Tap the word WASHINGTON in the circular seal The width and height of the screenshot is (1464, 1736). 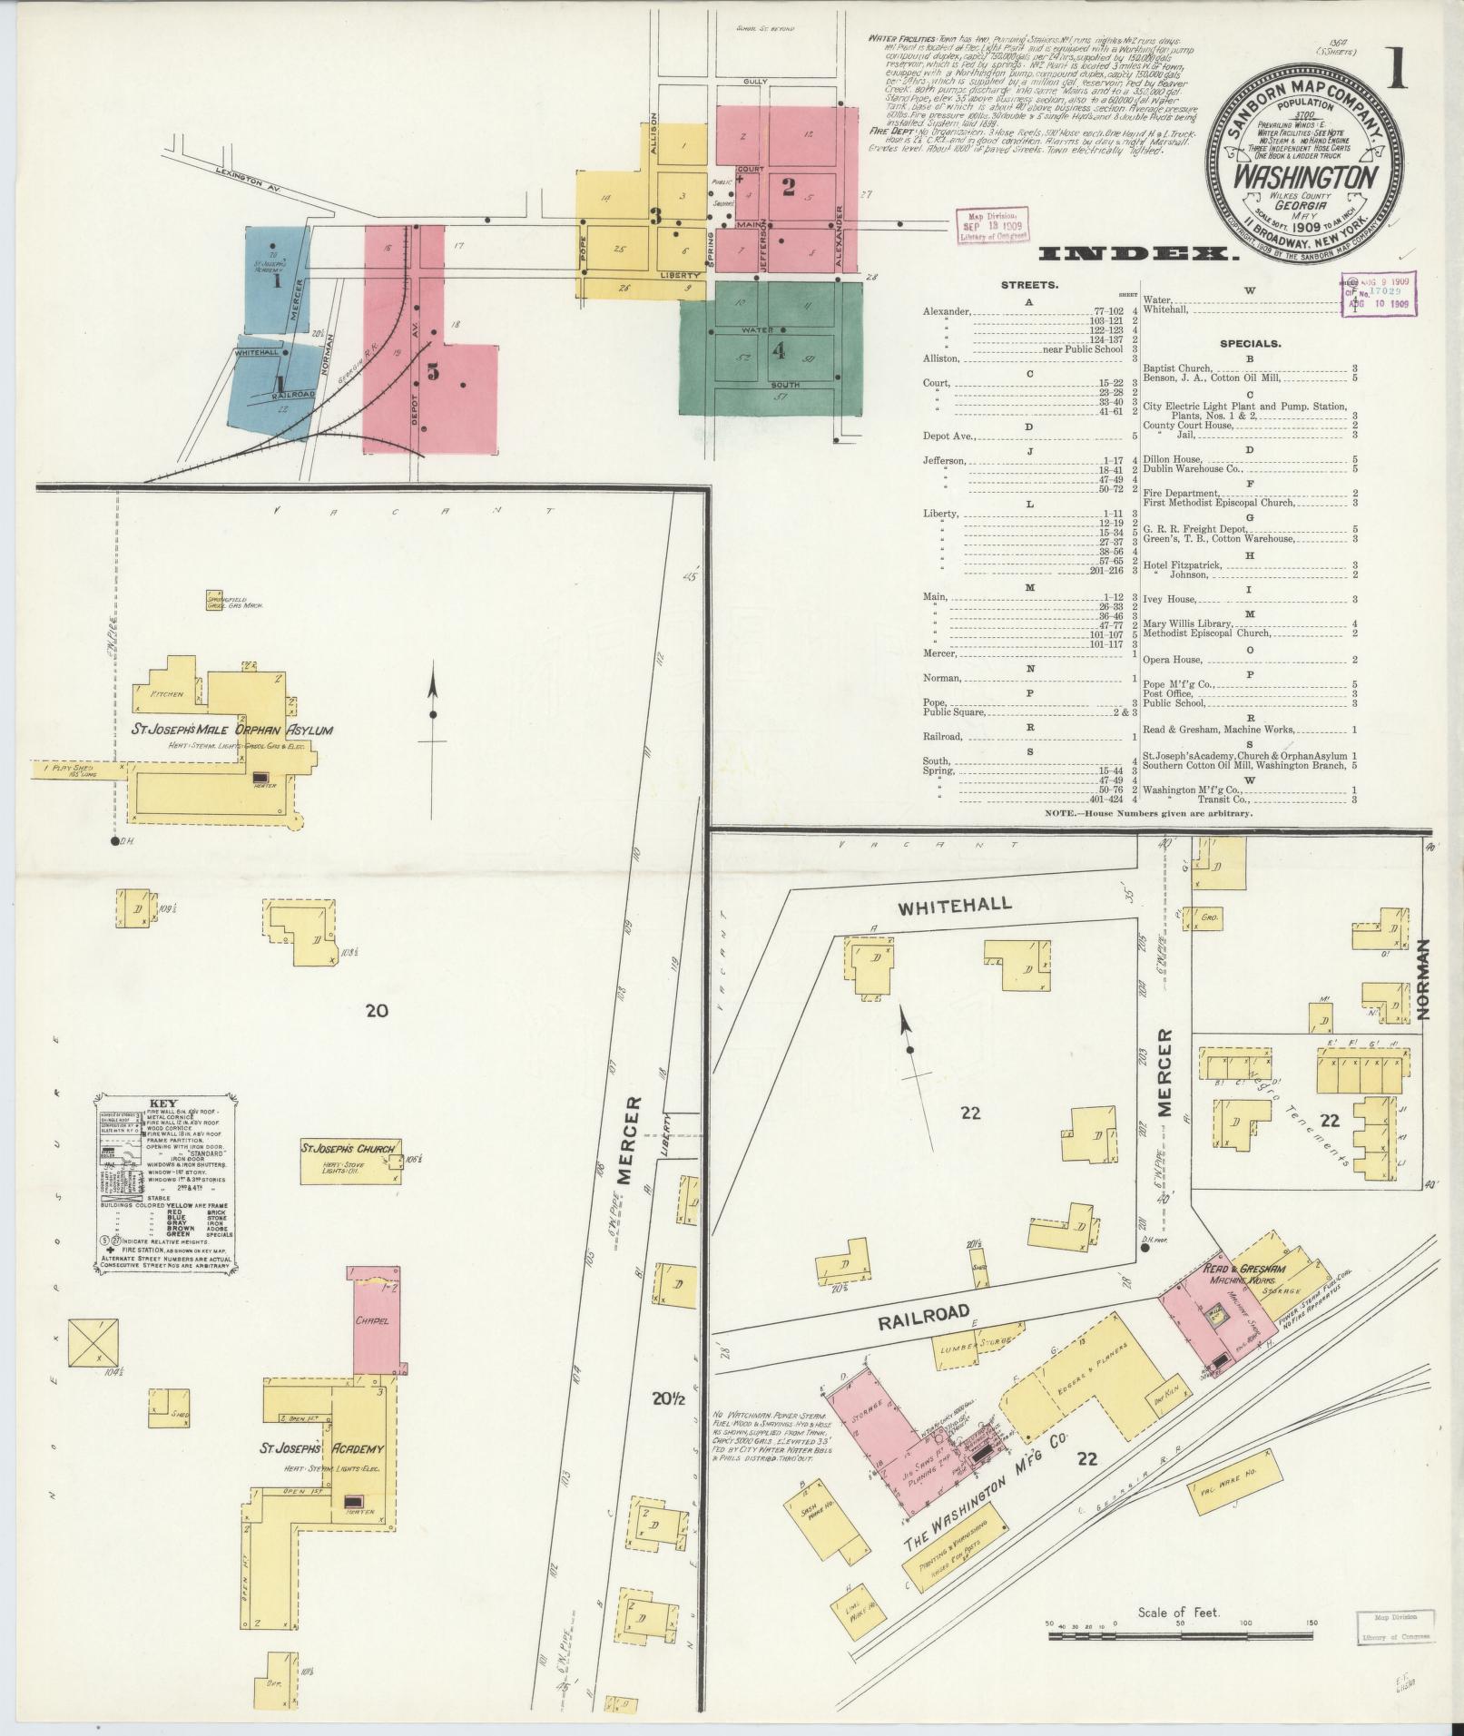[x=1306, y=175]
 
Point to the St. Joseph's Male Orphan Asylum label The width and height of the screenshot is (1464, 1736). [x=233, y=730]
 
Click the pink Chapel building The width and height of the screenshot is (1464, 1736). [x=378, y=1320]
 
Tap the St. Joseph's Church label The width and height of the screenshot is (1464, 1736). [x=350, y=1149]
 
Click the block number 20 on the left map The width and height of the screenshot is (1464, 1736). [x=376, y=1010]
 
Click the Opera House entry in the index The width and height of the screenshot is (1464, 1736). [x=1170, y=660]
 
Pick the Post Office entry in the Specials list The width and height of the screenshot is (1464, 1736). [x=1166, y=693]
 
